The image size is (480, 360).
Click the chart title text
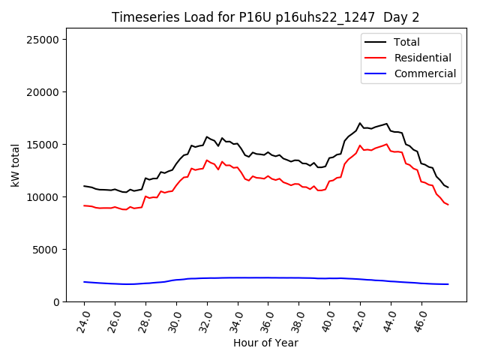pos(267,17)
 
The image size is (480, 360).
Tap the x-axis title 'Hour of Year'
pos(266,343)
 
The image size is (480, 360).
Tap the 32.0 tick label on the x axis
pos(205,318)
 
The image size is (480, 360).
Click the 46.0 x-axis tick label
pos(420,318)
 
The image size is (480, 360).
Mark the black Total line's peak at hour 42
pos(360,123)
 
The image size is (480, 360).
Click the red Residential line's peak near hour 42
pos(360,145)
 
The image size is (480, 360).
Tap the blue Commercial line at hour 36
pos(268,277)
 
